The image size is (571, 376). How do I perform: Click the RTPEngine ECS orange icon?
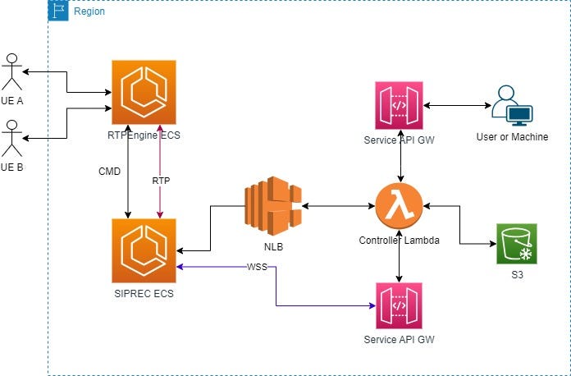click(144, 91)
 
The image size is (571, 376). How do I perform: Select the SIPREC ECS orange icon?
click(144, 250)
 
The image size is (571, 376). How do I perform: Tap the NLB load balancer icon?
click(273, 205)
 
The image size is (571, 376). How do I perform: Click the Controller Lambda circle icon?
click(399, 206)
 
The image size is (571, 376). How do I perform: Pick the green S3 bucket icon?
click(517, 244)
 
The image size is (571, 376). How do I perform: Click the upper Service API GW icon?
click(399, 105)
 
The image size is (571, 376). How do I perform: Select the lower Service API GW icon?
click(399, 306)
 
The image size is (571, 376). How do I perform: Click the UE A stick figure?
click(11, 72)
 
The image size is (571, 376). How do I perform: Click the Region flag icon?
click(59, 11)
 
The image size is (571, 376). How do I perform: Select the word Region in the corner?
click(89, 11)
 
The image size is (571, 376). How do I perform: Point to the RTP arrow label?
click(161, 180)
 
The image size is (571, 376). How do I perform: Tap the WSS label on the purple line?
click(255, 268)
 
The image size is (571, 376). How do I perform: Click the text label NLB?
click(273, 245)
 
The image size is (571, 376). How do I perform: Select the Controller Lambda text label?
click(399, 241)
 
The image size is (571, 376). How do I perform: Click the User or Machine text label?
click(512, 136)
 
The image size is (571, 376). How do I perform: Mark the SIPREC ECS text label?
click(144, 292)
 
